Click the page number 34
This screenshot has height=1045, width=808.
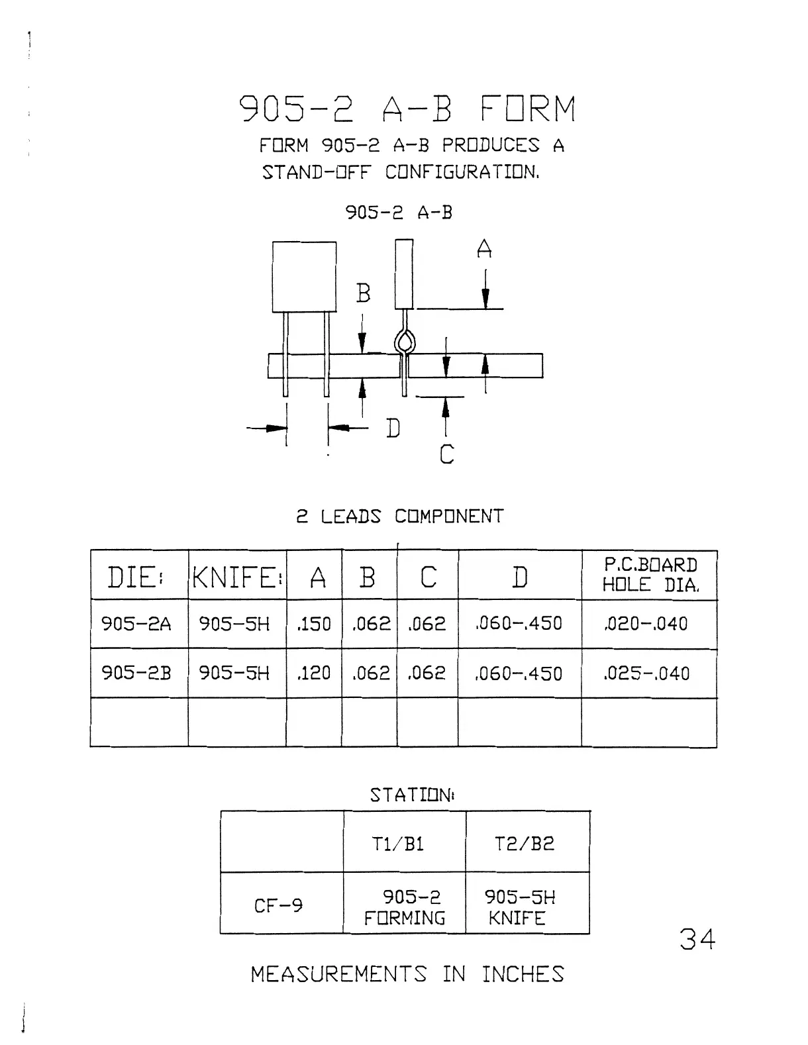point(697,939)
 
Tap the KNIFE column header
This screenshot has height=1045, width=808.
point(237,577)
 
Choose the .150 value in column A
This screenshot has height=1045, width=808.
point(314,624)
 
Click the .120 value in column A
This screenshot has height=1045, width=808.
point(314,673)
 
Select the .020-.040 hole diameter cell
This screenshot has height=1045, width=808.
point(646,624)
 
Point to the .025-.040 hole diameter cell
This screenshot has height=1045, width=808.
point(646,673)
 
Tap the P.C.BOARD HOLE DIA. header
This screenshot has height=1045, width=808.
point(649,575)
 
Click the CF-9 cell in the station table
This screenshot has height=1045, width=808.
point(278,905)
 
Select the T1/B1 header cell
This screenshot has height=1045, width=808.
point(397,844)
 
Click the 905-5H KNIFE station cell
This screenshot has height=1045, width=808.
point(519,907)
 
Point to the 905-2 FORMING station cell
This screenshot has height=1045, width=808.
point(405,907)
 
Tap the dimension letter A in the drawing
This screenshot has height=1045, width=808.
point(484,249)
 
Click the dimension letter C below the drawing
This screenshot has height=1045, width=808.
point(447,454)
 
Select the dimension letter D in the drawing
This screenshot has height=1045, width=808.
point(393,428)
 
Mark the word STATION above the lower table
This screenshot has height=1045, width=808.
point(411,795)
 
